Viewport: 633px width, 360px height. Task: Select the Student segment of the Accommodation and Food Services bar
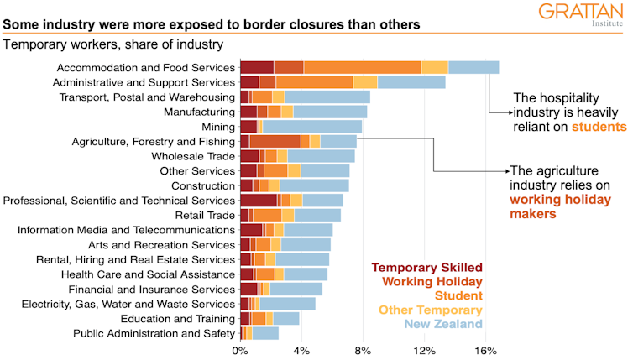tap(362, 67)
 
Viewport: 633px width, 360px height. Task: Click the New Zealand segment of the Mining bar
tap(311, 126)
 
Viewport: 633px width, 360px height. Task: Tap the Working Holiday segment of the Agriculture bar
tap(275, 141)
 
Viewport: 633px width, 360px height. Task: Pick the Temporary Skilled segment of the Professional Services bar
tap(258, 200)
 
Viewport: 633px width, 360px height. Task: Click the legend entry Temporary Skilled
tap(427, 268)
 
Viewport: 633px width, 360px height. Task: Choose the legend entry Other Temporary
tap(432, 310)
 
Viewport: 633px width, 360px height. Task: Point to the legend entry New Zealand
tap(443, 324)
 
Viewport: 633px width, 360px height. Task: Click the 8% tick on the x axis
tap(363, 350)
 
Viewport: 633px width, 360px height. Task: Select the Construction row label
tap(202, 185)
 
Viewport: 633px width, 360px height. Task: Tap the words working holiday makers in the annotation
tap(555, 207)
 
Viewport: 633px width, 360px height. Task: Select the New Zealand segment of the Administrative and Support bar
tap(411, 82)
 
